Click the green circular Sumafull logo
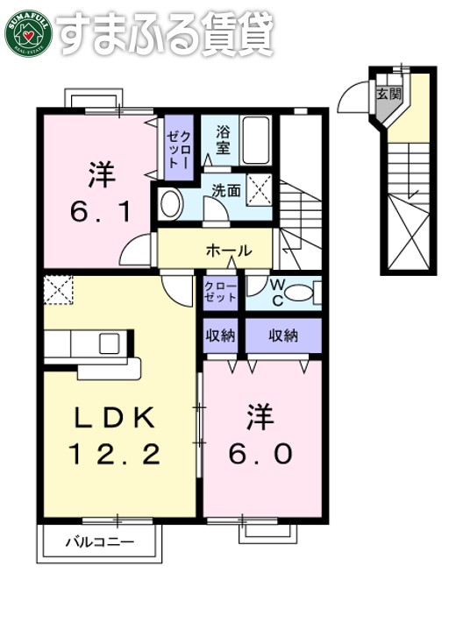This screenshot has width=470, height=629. [x=29, y=32]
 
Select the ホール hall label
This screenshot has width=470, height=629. [x=228, y=251]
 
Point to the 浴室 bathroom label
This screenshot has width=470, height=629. [x=223, y=141]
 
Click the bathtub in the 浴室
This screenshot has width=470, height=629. [x=256, y=142]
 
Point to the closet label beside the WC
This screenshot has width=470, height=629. [x=220, y=292]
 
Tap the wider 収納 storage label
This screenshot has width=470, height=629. [x=283, y=336]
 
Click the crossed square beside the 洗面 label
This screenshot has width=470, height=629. [x=259, y=187]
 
